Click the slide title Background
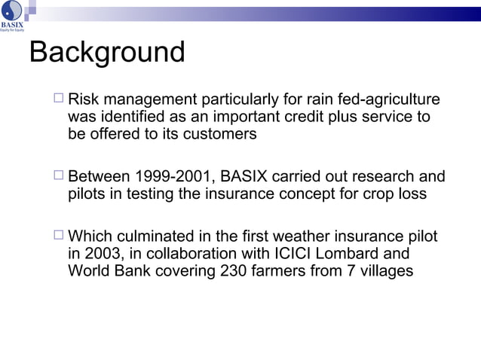pyautogui.click(x=106, y=53)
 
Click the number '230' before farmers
pyautogui.click(x=234, y=271)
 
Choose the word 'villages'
pyautogui.click(x=385, y=271)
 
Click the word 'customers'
pyautogui.click(x=221, y=134)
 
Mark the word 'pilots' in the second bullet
pyautogui.click(x=87, y=194)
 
